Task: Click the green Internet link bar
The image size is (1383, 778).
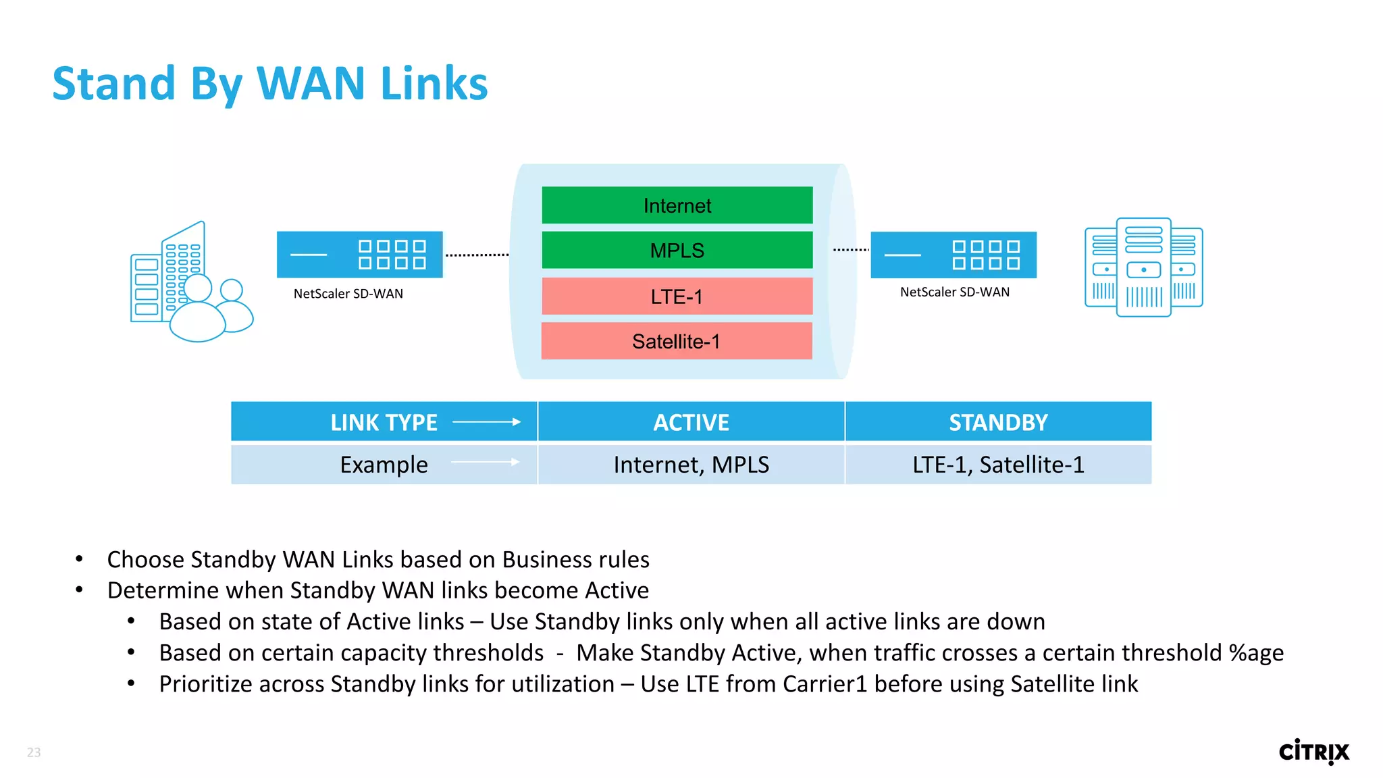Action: [677, 205]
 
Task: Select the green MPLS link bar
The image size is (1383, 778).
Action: [677, 251]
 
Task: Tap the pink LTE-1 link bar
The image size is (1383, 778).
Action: [677, 296]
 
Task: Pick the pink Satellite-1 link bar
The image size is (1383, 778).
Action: [677, 341]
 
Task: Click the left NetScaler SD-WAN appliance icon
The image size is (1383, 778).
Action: [359, 255]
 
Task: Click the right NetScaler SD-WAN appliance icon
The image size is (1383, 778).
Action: [953, 255]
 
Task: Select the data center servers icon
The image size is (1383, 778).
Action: [1143, 267]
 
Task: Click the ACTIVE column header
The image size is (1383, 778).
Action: [691, 422]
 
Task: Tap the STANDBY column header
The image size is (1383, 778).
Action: [998, 422]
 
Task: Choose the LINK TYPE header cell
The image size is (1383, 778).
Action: [384, 422]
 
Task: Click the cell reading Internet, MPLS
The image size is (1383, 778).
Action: [691, 465]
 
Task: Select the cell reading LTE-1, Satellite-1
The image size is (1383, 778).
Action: [998, 465]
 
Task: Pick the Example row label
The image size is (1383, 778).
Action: [384, 465]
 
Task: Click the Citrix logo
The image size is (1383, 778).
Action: [1313, 752]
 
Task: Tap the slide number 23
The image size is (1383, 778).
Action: [34, 752]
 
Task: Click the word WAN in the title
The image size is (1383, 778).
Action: [311, 84]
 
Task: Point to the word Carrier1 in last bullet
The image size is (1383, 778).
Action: [825, 684]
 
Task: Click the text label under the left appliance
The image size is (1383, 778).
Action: [348, 294]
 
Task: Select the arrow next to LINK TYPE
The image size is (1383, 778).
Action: [486, 422]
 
